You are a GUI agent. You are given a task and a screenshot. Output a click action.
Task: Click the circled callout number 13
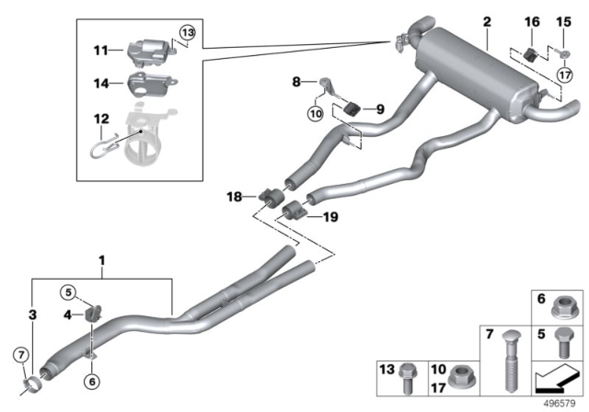click(187, 33)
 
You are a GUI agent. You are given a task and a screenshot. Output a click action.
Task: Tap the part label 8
click(295, 82)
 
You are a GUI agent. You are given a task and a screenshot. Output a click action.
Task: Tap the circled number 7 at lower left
click(20, 356)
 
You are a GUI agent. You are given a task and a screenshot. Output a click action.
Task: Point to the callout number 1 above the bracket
click(102, 261)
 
